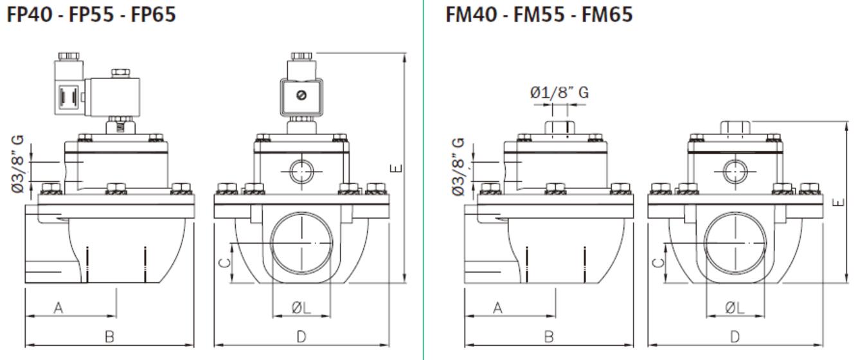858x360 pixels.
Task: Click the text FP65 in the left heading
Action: (x=154, y=14)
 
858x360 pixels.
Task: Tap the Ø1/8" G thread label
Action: (x=559, y=93)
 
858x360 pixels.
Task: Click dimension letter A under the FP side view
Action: (x=58, y=308)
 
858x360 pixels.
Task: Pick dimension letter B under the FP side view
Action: (x=109, y=336)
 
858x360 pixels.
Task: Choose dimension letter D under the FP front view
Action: (x=301, y=336)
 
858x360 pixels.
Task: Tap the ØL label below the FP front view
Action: (x=301, y=308)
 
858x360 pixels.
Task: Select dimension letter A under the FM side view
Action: (x=497, y=308)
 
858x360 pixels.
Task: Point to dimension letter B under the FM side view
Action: (x=549, y=336)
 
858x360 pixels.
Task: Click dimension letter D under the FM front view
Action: (x=735, y=336)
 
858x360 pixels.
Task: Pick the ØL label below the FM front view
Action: (x=735, y=308)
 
